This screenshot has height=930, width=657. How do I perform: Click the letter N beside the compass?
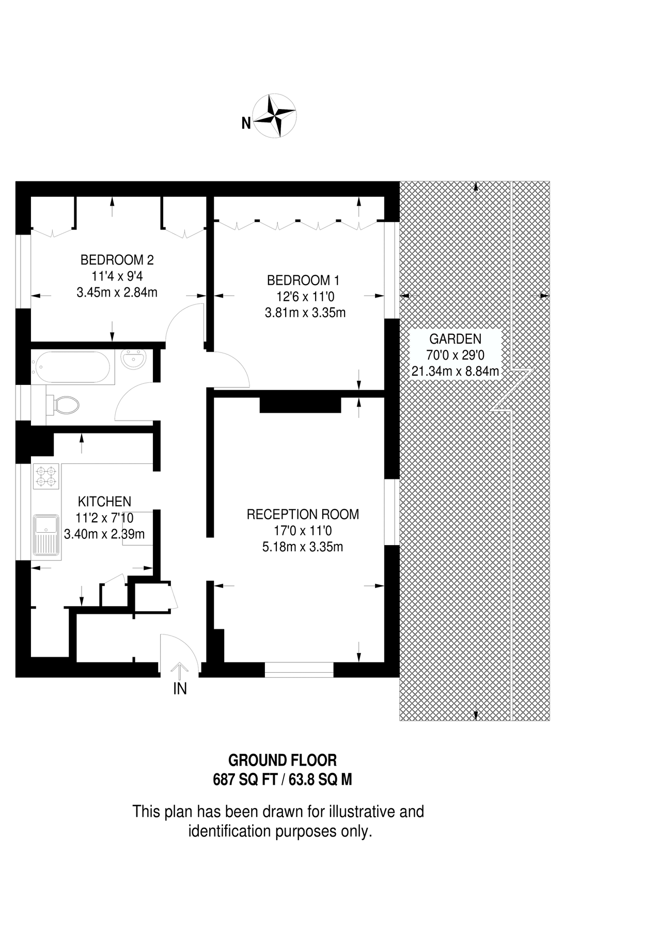click(246, 123)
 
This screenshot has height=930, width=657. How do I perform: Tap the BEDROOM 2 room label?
click(117, 260)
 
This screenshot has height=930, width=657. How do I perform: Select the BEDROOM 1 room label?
click(303, 281)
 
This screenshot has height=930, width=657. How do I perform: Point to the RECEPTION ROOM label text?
click(303, 515)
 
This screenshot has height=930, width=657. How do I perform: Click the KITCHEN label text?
click(104, 501)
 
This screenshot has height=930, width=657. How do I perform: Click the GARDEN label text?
click(455, 339)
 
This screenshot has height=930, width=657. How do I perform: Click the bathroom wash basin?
click(134, 359)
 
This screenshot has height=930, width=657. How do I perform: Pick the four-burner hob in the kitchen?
click(46, 476)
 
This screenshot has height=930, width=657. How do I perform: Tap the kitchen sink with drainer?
click(46, 535)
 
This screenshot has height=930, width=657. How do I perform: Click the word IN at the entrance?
click(180, 689)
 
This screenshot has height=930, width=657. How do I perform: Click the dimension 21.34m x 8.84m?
click(455, 371)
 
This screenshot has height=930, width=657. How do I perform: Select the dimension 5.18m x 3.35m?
click(303, 547)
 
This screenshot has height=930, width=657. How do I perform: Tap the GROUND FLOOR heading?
click(283, 761)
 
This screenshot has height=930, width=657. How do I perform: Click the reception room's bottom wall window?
click(299, 670)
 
